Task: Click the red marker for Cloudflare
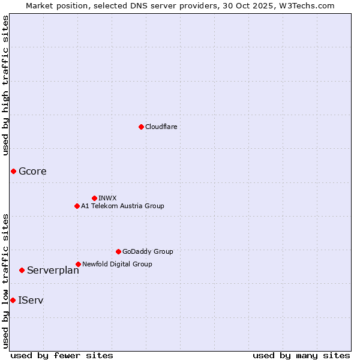141,127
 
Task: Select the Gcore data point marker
13,172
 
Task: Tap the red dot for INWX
94,198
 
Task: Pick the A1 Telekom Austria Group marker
77,206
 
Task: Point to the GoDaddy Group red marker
118,251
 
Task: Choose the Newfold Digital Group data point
78,264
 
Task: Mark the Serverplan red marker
22,270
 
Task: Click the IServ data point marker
13,300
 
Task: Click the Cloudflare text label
161,127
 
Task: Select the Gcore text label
32,172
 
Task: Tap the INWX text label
107,198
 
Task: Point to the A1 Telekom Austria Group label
122,206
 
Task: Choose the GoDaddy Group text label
148,251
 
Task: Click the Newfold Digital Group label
117,264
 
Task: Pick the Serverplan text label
53,271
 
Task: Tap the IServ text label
31,300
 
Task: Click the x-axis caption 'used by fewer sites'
62,355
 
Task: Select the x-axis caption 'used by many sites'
301,355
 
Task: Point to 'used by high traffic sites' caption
5,85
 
